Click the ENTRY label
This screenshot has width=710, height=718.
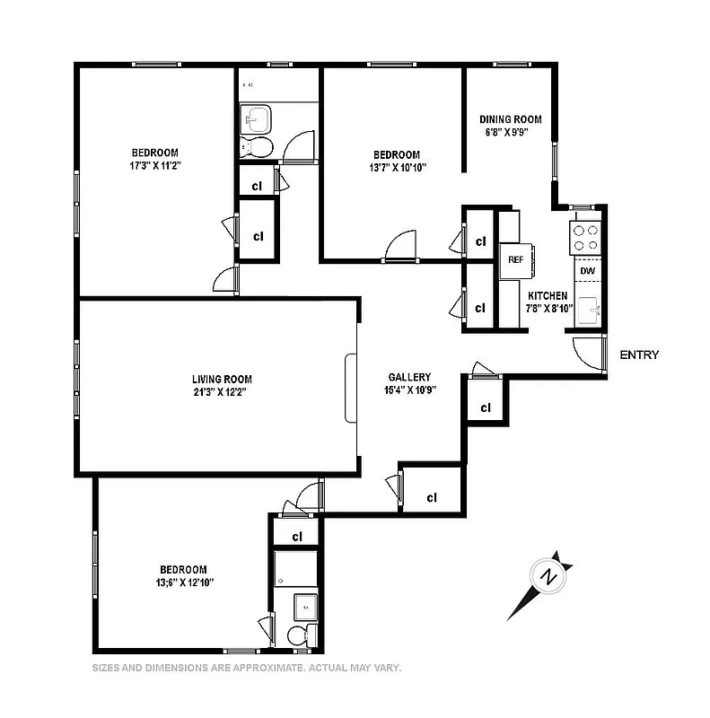639,355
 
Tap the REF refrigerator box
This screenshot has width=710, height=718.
516,260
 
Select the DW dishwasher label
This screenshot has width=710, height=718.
587,270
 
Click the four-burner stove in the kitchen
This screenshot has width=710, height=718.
587,236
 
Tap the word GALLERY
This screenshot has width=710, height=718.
409,378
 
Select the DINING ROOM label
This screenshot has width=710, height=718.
510,119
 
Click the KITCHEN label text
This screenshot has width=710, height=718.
547,296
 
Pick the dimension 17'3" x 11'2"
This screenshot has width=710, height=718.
155,166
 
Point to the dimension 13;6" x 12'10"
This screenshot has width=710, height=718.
183,582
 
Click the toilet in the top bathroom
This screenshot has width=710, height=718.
259,148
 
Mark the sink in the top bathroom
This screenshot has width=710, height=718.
258,118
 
